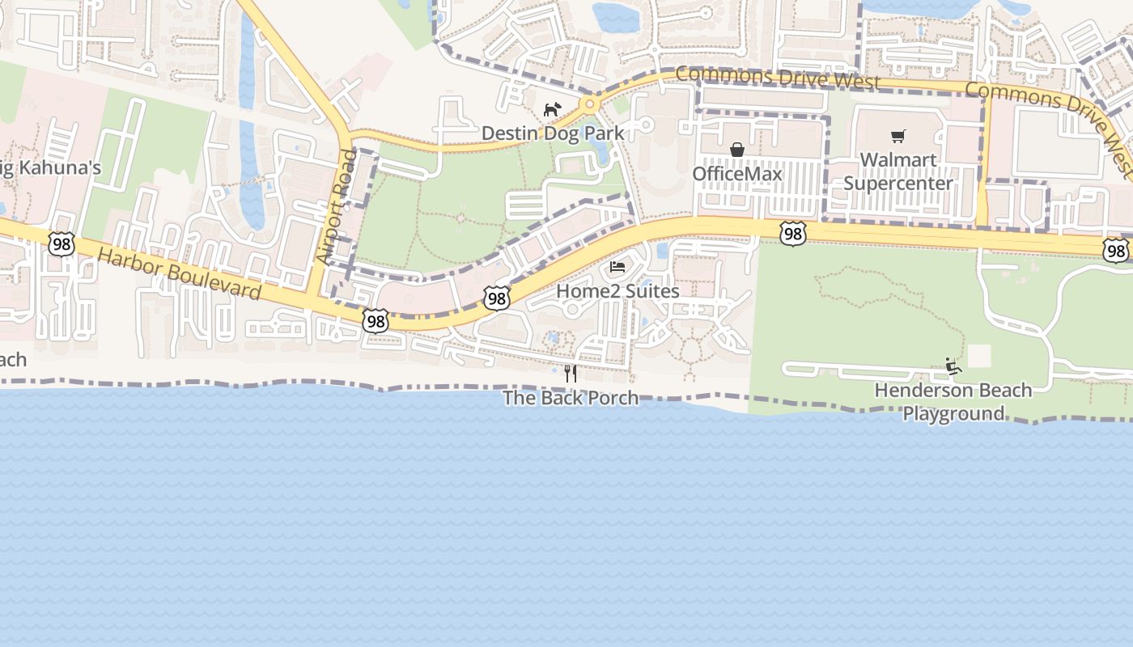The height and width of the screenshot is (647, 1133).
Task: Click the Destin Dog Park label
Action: pos(553,133)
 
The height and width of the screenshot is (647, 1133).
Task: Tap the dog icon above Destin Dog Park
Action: pos(552,109)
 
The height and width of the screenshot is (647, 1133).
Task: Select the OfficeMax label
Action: pos(737,174)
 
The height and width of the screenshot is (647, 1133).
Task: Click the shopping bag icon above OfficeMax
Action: pos(737,150)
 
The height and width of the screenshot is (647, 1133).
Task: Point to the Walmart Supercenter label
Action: pos(898,171)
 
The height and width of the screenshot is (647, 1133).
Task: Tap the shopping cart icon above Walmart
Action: pos(898,136)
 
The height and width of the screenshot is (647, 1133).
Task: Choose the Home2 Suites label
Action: pos(618,290)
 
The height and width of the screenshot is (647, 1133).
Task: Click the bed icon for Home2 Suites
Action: pos(617,267)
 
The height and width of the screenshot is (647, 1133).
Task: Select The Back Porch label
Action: pos(571,398)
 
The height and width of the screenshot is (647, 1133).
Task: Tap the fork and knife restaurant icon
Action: pos(571,373)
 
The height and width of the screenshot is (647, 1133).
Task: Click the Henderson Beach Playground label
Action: pos(953,402)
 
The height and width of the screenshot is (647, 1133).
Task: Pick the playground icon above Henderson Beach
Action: pos(953,366)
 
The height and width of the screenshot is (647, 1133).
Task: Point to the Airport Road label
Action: pos(337,207)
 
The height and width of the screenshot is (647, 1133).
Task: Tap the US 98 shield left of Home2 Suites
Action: pos(497,298)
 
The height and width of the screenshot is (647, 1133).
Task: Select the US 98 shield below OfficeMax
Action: pos(793,235)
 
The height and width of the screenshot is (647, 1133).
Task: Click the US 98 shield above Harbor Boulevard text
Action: pos(61,243)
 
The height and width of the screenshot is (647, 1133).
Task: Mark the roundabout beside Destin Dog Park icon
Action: pos(590,104)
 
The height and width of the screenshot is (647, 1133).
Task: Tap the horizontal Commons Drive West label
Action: pos(777,78)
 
